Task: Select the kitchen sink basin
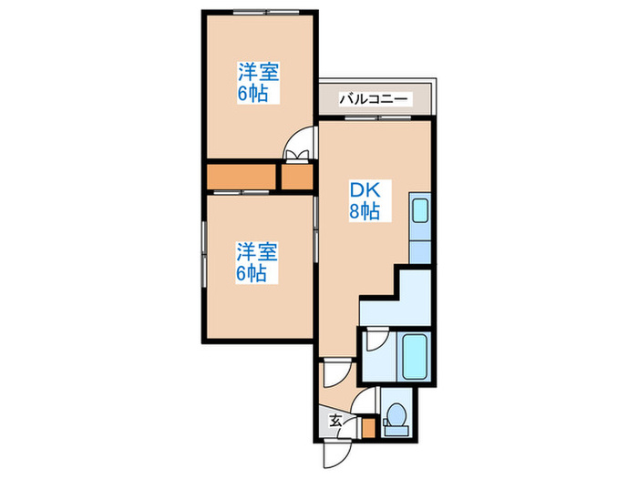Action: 420,213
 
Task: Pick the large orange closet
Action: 242,177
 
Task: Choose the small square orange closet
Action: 296,177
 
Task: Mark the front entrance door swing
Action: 334,452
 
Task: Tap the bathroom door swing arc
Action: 373,343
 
